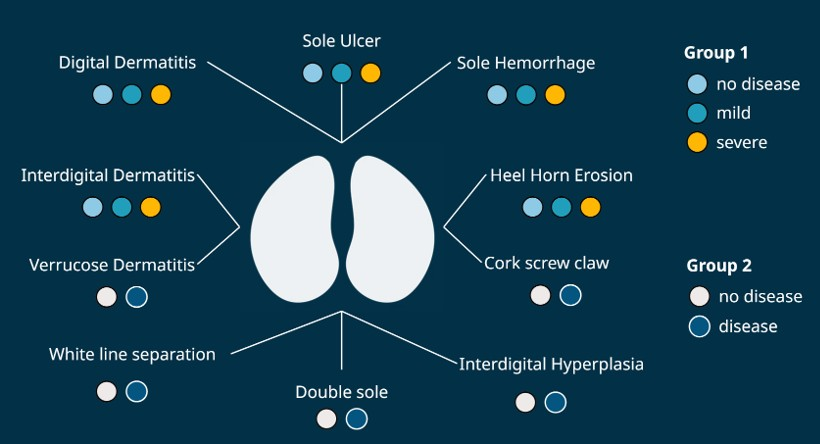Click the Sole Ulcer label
pyautogui.click(x=341, y=41)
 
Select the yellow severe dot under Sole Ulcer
pyautogui.click(x=370, y=73)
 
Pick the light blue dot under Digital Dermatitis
pyautogui.click(x=102, y=95)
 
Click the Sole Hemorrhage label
pyautogui.click(x=525, y=63)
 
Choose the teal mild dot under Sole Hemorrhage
pyautogui.click(x=526, y=95)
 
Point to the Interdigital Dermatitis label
pyautogui.click(x=108, y=175)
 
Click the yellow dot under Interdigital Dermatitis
pyautogui.click(x=150, y=207)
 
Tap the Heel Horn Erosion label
pyautogui.click(x=561, y=175)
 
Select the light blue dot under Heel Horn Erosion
pyautogui.click(x=532, y=207)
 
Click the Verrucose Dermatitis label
pyautogui.click(x=112, y=265)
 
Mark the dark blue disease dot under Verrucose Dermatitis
pyautogui.click(x=137, y=297)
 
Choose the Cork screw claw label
pyautogui.click(x=546, y=263)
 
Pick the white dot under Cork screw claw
pyautogui.click(x=540, y=295)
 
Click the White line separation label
pyautogui.click(x=132, y=354)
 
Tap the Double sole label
pyautogui.click(x=341, y=392)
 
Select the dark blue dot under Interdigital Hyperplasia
pyautogui.click(x=555, y=403)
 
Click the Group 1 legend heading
pyautogui.click(x=716, y=52)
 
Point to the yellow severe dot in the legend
pyautogui.click(x=698, y=142)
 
